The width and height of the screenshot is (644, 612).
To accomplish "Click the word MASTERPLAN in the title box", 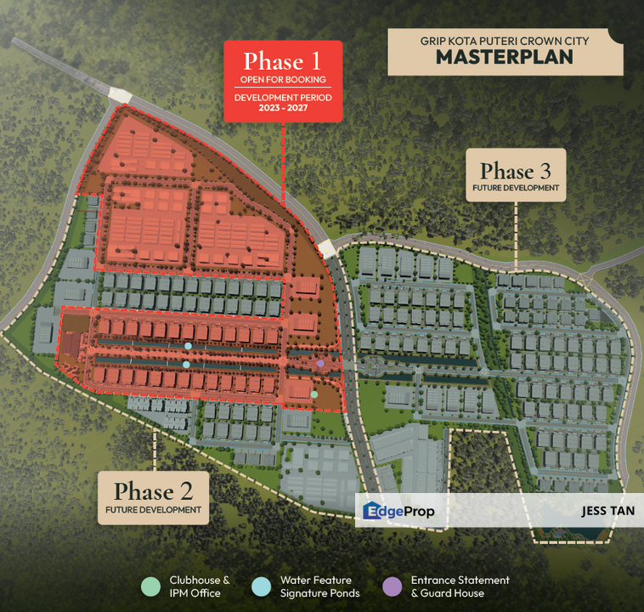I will point(504,57).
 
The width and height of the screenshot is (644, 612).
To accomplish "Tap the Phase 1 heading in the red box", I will point(283,61).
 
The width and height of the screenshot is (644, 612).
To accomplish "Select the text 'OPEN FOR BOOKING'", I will point(283,80).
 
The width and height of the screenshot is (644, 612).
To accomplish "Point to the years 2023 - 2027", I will point(283,109).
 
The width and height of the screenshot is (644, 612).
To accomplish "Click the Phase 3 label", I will point(517,171).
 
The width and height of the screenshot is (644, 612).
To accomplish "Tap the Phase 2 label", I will point(154,490).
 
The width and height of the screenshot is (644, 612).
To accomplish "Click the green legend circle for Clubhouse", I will point(150,586).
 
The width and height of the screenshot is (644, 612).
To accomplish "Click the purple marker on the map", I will point(320,364).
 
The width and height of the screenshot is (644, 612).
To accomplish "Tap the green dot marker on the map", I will point(314,394).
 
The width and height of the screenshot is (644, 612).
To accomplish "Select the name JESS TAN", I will point(606,512).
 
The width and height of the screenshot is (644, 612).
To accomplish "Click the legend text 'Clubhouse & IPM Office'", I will point(199,586).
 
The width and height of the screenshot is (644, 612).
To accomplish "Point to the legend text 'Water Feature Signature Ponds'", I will point(319,586).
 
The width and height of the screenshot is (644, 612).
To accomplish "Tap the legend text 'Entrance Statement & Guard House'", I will point(460,586).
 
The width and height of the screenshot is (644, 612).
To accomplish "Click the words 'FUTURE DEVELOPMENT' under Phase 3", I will point(517,188).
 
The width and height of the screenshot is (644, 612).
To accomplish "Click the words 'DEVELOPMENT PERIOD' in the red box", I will point(283,97).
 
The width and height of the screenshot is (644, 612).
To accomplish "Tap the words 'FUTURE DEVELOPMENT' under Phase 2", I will point(154,510).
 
